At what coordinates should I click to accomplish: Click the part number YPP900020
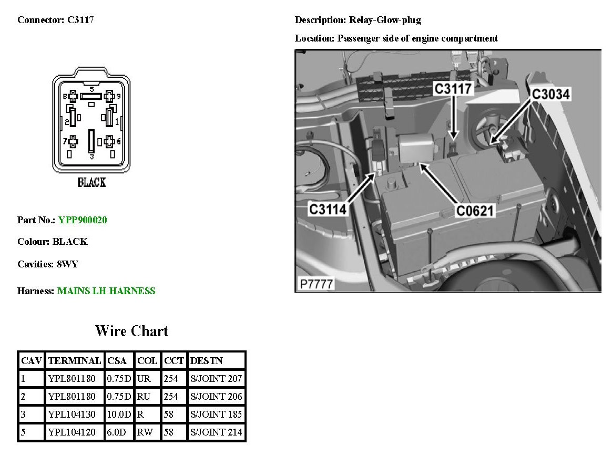[x=83, y=220]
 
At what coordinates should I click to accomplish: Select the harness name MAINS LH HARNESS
[x=106, y=291]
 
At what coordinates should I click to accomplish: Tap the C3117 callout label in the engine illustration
[x=453, y=89]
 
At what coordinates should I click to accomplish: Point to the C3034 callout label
[x=550, y=94]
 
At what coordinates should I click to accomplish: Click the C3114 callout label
[x=328, y=209]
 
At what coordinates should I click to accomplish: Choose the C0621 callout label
[x=475, y=211]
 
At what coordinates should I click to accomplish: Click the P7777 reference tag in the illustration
[x=317, y=284]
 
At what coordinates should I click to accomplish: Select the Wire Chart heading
[x=131, y=331]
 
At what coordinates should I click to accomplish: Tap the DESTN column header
[x=206, y=361]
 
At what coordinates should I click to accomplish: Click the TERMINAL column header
[x=75, y=361]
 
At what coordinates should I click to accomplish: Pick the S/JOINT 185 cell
[x=216, y=414]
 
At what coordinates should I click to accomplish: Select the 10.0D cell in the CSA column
[x=119, y=414]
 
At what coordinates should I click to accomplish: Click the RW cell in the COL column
[x=145, y=432]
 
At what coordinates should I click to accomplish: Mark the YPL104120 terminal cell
[x=72, y=432]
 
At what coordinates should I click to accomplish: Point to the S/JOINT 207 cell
[x=216, y=379]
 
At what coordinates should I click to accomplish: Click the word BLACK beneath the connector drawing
[x=91, y=183]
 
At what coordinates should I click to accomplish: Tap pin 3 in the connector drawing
[x=91, y=142]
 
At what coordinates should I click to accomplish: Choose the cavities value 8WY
[x=67, y=264]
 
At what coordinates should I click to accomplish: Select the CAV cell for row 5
[x=24, y=432]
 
